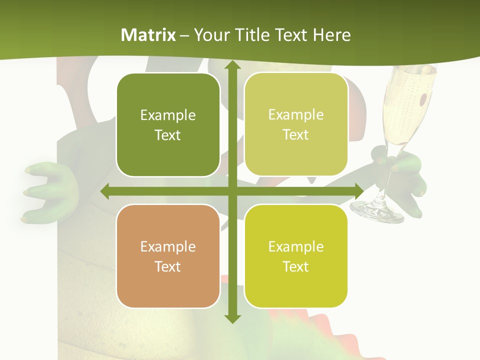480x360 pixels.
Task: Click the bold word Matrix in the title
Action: pos(148,35)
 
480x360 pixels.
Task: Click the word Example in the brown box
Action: pos(167,246)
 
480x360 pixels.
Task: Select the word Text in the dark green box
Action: pos(167,135)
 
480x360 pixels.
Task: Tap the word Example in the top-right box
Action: pos(295,115)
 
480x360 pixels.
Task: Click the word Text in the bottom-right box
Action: pos(295,266)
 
